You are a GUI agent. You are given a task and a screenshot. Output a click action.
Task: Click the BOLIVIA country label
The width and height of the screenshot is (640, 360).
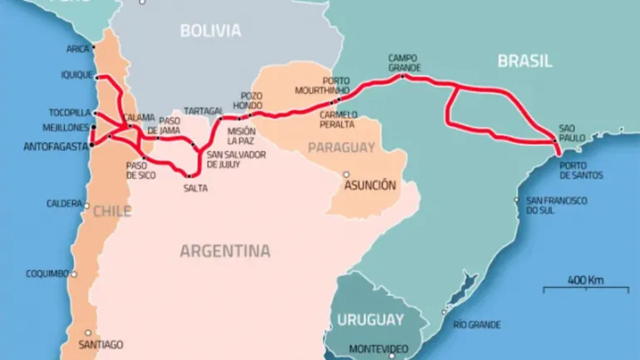point(211,32)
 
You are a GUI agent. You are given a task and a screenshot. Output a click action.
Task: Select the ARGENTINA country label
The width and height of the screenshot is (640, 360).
point(225,250)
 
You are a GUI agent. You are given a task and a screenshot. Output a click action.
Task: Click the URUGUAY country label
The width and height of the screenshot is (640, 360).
point(370,320)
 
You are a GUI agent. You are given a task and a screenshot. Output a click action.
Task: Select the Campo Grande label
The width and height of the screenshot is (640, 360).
point(404,62)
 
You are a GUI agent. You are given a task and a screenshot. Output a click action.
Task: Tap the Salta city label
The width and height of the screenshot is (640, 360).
point(195,188)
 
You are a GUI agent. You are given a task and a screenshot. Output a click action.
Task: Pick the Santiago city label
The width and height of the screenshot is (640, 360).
point(100,344)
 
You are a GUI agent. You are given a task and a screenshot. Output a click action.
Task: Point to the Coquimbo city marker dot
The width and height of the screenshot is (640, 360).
point(74,273)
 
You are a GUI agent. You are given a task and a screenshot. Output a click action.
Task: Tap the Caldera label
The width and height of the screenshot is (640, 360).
point(62,204)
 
